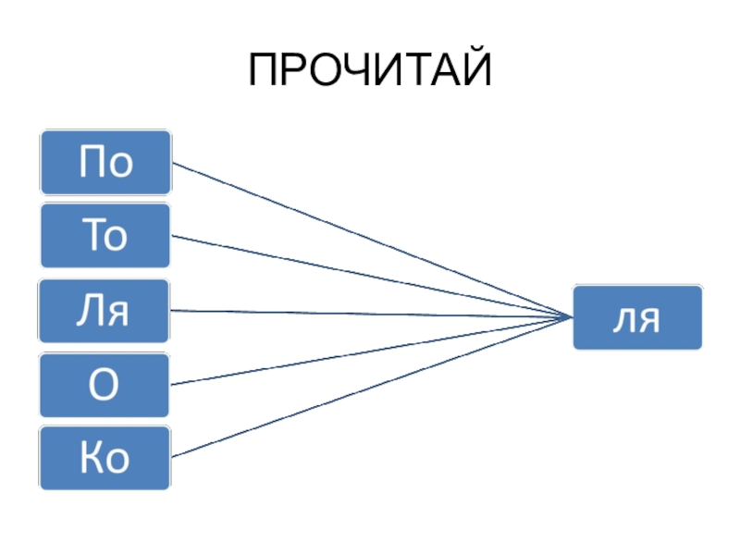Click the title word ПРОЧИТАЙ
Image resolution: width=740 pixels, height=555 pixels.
coord(369,71)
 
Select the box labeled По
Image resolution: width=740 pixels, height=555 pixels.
coord(105,163)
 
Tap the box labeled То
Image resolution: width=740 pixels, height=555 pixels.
coord(105,237)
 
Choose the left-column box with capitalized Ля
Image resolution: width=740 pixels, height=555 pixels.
coord(105,311)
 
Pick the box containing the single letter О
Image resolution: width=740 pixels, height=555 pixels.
coord(105,385)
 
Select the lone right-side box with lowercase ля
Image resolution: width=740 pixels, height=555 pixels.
coord(637,318)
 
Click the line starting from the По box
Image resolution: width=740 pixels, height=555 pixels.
coord(370,241)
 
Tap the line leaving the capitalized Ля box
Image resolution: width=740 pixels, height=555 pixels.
coord(370,314)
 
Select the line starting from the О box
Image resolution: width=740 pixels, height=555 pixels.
coord(370,351)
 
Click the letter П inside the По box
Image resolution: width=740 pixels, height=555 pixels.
coord(92,164)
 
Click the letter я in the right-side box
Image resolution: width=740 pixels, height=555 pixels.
coord(649,321)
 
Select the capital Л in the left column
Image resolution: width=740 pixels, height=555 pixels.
coord(92,312)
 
